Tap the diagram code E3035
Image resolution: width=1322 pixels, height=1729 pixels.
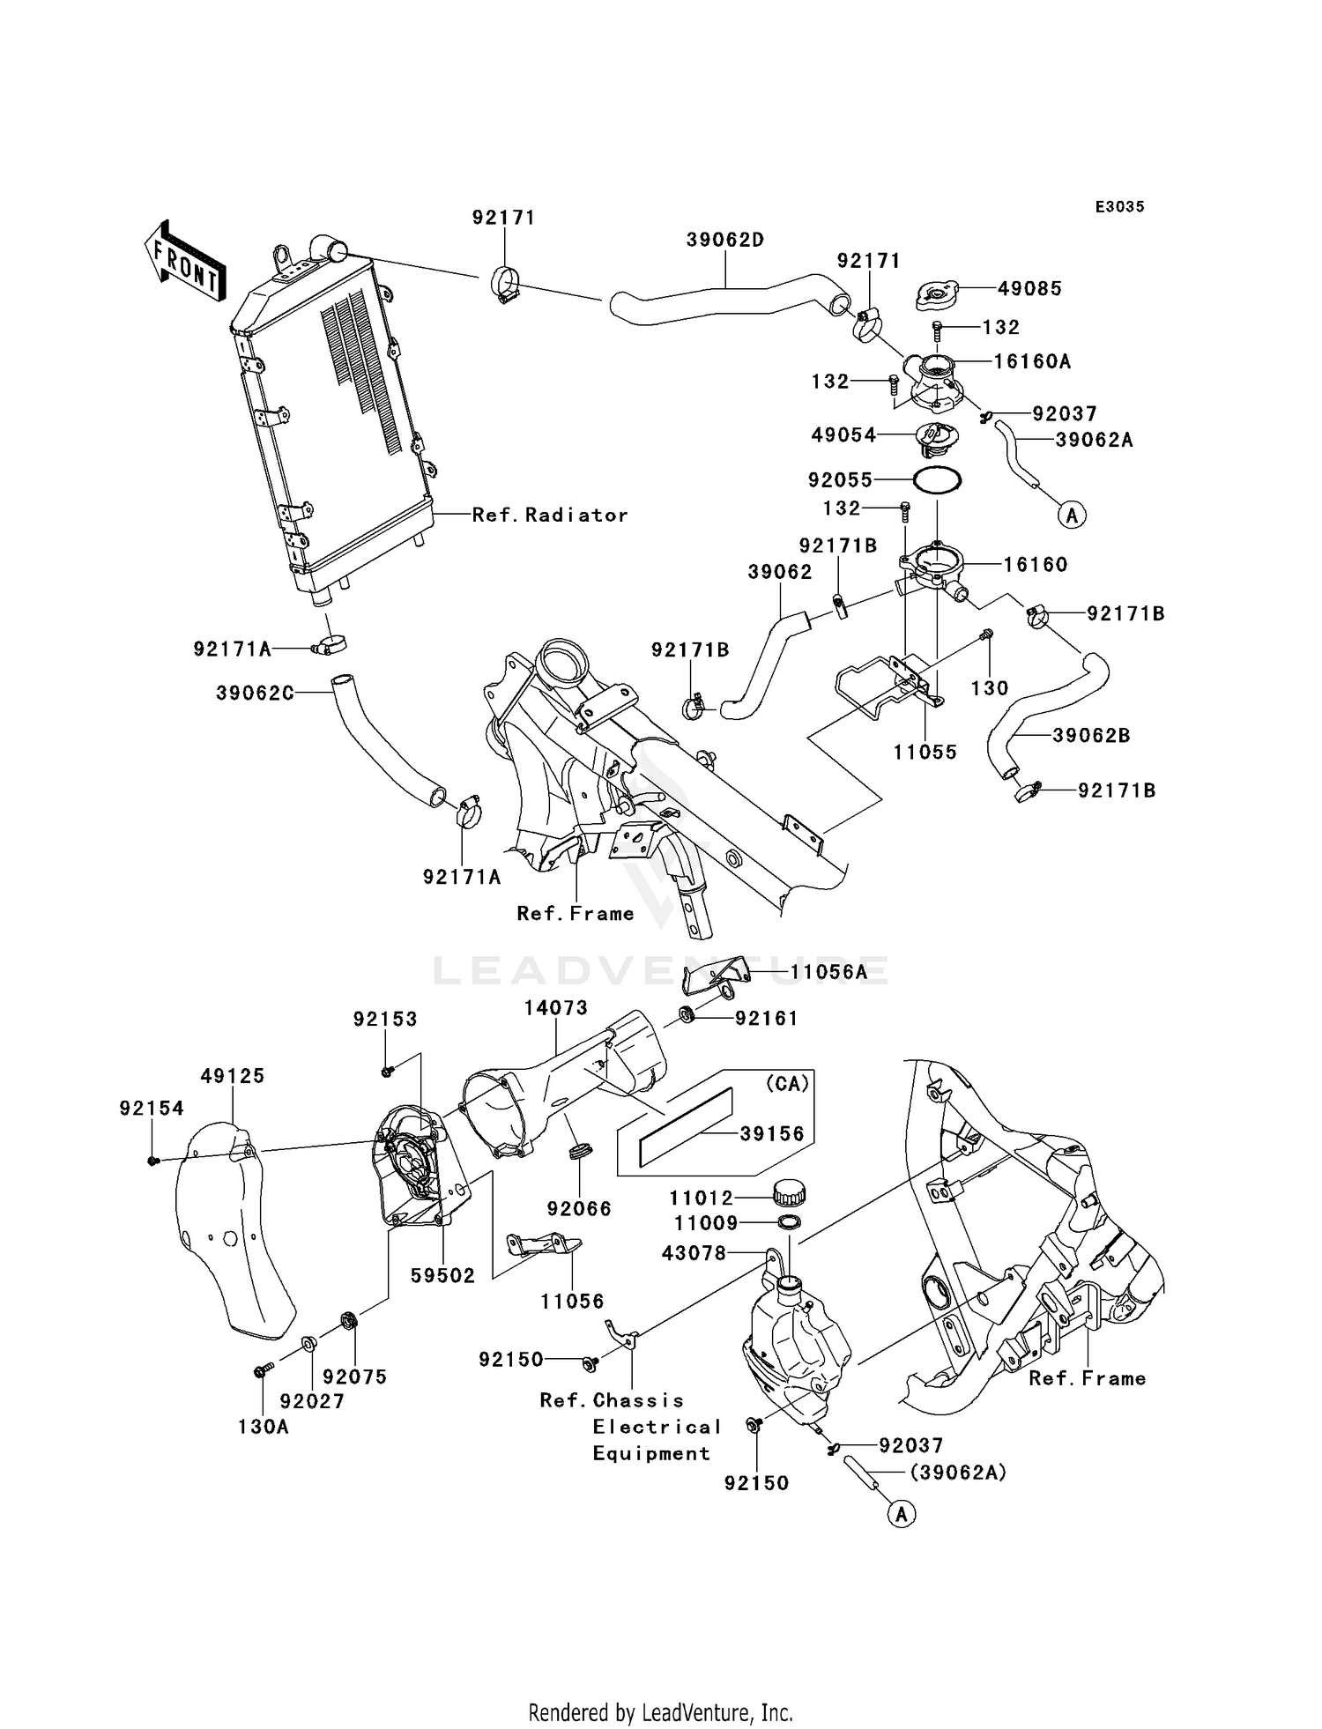point(1119,207)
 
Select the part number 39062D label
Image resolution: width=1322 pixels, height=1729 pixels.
point(725,240)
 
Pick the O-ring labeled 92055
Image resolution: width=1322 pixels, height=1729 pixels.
point(937,480)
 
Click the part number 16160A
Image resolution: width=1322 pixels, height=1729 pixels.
point(1031,361)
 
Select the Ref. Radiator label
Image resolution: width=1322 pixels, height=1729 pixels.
point(550,515)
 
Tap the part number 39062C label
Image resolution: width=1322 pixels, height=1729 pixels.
point(255,694)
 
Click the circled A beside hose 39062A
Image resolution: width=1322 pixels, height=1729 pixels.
point(1072,514)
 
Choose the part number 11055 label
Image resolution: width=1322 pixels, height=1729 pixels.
point(925,752)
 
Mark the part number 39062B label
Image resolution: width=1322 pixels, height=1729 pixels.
point(1091,735)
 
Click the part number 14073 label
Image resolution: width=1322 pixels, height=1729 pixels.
point(555,1007)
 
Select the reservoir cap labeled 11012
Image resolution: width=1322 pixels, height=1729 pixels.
point(790,1194)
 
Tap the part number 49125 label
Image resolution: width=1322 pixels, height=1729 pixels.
point(232,1076)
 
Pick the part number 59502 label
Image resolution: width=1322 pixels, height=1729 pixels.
point(442,1275)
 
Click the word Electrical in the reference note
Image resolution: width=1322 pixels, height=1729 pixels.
point(657,1427)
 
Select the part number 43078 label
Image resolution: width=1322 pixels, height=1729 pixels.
point(694,1252)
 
